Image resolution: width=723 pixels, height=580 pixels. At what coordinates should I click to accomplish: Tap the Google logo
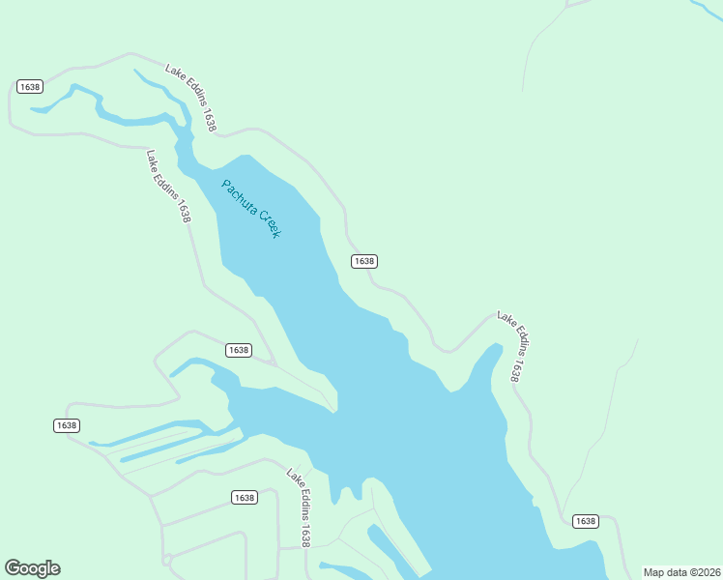click(32, 568)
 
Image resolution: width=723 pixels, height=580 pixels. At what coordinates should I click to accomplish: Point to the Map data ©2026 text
click(681, 572)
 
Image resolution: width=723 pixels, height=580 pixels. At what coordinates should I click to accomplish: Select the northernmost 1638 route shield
click(29, 87)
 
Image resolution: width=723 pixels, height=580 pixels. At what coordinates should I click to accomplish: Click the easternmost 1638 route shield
click(585, 521)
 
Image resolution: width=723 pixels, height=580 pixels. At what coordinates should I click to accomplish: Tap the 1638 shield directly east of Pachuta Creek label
click(363, 261)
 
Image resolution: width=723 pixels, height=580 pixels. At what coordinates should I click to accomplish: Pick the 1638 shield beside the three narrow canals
click(66, 425)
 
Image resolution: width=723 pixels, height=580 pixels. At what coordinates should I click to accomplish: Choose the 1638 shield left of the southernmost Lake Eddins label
click(244, 498)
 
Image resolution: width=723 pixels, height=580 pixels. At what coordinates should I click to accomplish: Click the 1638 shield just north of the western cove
click(238, 350)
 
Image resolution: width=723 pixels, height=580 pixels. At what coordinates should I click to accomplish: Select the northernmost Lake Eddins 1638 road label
click(190, 98)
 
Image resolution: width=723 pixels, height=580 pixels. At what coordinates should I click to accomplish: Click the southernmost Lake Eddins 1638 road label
click(299, 507)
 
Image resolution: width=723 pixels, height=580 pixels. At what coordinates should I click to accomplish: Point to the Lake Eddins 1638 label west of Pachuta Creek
click(168, 186)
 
